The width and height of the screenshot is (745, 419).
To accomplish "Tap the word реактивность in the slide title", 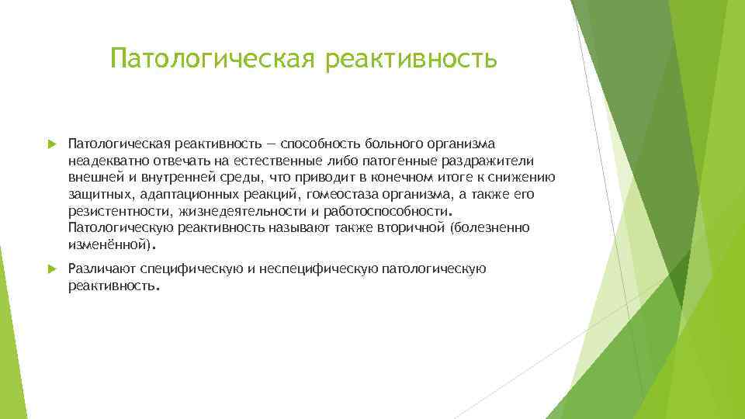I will tap(411, 58).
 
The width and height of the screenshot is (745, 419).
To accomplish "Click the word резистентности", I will tap(120, 210).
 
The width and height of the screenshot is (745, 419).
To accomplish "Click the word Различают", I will tap(101, 268).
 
